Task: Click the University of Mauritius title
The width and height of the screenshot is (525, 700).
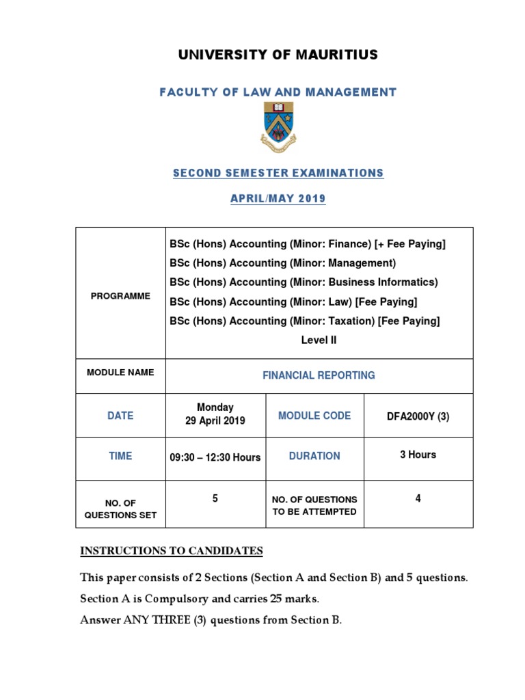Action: (278, 55)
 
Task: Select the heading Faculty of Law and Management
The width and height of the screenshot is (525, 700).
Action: (278, 92)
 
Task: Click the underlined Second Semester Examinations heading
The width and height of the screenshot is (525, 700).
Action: (278, 174)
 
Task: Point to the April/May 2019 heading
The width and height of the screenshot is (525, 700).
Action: (278, 199)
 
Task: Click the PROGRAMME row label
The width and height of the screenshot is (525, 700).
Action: (120, 296)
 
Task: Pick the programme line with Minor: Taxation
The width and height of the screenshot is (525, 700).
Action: (304, 321)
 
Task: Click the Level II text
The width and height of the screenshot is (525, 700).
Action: (319, 340)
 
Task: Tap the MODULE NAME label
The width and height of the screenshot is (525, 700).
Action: (120, 373)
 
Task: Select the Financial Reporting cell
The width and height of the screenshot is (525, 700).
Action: (319, 375)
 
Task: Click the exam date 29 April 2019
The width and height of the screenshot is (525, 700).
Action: (215, 421)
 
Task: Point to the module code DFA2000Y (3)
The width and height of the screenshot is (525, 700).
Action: (418, 416)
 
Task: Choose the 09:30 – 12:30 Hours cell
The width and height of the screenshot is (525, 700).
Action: (215, 457)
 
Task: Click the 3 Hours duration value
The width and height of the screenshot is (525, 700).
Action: (418, 455)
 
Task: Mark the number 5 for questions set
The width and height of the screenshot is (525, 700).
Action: (215, 499)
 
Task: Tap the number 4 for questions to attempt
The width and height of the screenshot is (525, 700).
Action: (418, 499)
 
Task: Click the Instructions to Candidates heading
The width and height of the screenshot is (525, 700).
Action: (172, 551)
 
